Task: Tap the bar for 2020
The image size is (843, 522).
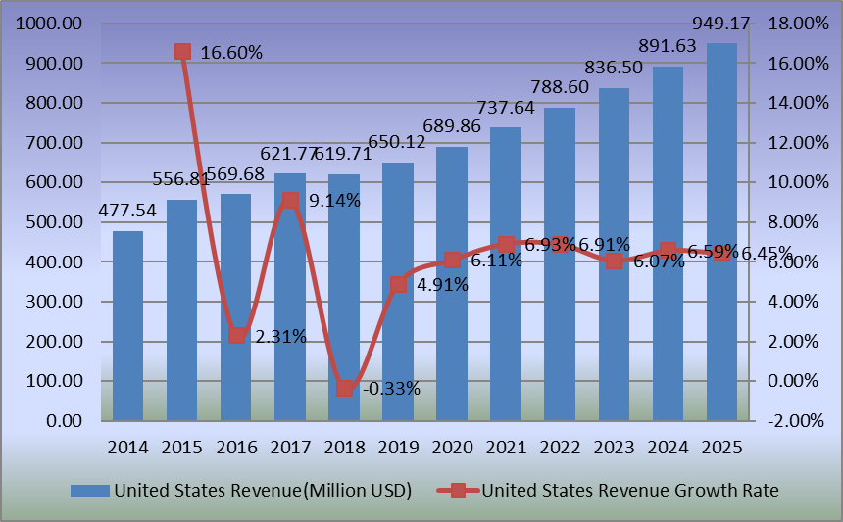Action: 452,284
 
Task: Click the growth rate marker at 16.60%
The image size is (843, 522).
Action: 182,51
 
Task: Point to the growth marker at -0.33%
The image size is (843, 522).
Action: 344,388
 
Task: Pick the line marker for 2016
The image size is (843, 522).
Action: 236,335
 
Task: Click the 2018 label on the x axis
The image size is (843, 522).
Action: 344,447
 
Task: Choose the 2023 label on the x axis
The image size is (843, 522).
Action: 614,447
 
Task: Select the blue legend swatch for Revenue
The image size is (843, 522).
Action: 90,489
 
